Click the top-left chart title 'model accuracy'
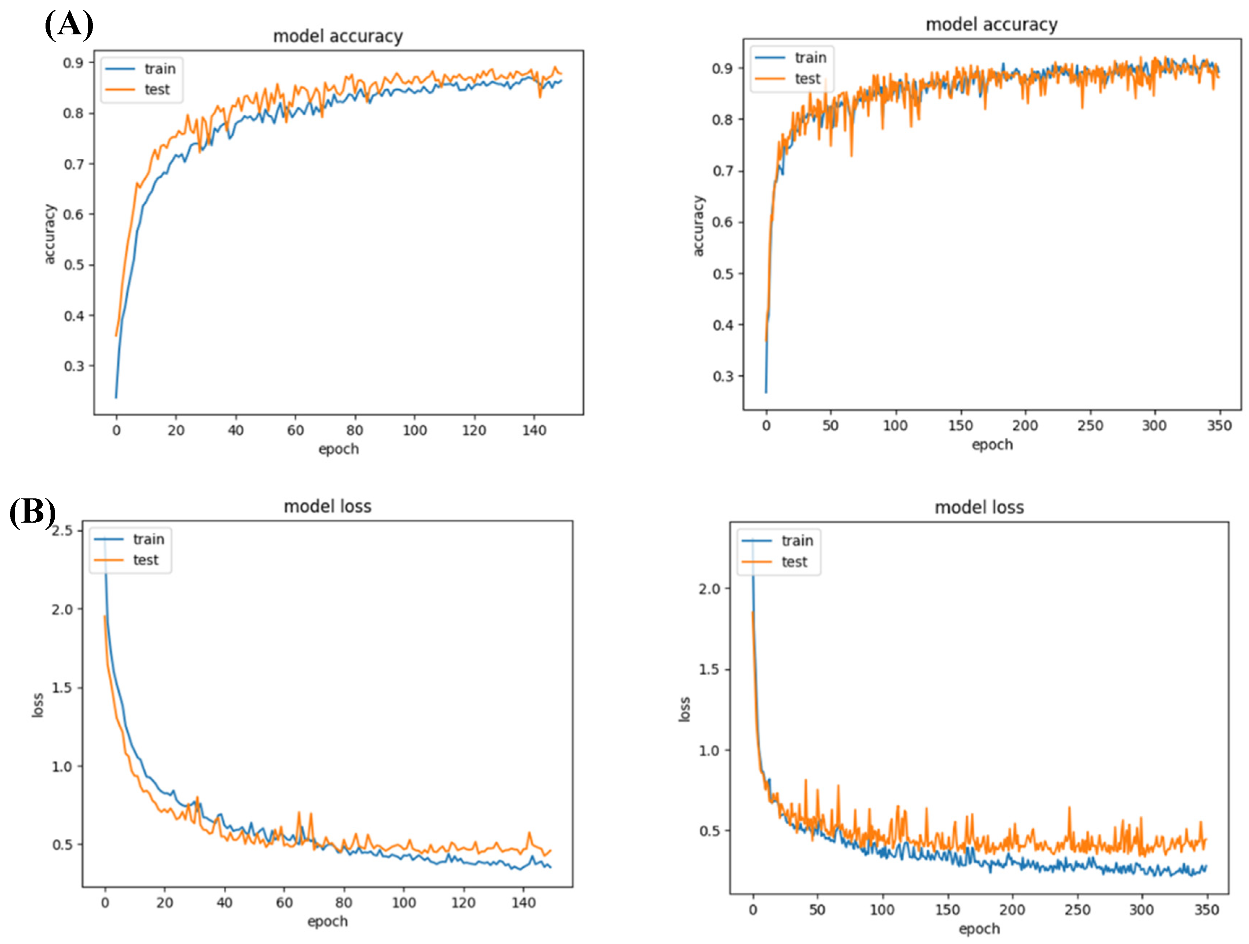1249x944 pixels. pyautogui.click(x=338, y=36)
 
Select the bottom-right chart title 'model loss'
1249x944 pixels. pyautogui.click(x=979, y=507)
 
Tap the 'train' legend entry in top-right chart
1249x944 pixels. pyautogui.click(x=810, y=58)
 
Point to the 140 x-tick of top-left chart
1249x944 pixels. pyautogui.click(x=533, y=430)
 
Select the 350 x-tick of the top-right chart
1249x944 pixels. pyautogui.click(x=1219, y=425)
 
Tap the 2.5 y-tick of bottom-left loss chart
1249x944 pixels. pyautogui.click(x=62, y=531)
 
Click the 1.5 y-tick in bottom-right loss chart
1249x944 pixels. pyautogui.click(x=710, y=669)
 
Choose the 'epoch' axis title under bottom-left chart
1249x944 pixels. pyautogui.click(x=327, y=922)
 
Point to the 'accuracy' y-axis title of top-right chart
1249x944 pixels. pyautogui.click(x=699, y=226)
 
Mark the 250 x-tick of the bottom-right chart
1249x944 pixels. pyautogui.click(x=1077, y=910)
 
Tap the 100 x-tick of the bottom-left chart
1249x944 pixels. pyautogui.click(x=404, y=903)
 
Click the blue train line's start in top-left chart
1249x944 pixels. pyautogui.click(x=116, y=397)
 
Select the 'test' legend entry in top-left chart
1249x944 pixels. pyautogui.click(x=157, y=89)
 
